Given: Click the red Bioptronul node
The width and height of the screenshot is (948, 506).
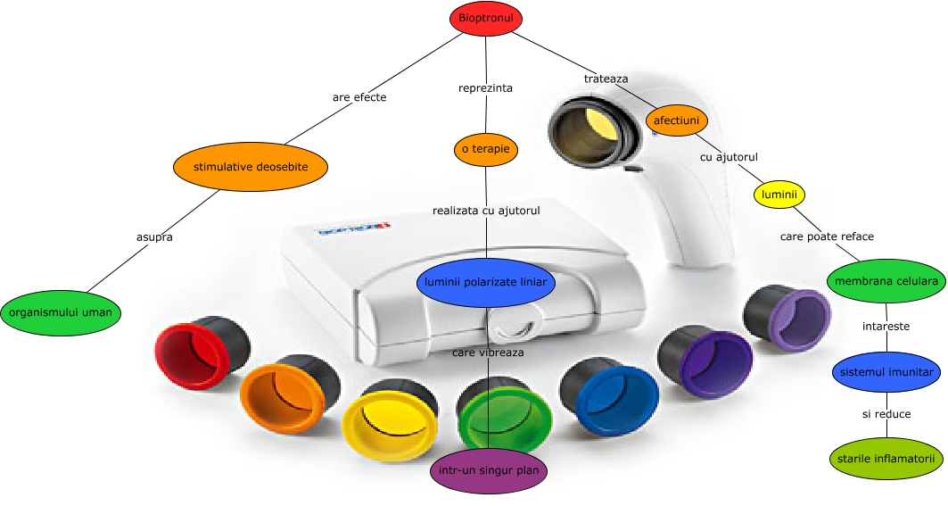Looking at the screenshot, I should coord(486,18).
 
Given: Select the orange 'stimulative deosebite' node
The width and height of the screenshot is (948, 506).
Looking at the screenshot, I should coord(251,166).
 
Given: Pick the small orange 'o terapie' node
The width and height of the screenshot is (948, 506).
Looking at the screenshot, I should coord(486,149).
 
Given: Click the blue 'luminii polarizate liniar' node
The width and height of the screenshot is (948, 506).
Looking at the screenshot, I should coord(486,283).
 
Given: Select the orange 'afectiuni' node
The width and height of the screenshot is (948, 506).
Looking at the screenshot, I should coord(676,120).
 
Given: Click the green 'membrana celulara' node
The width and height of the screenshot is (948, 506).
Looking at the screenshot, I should coord(886,281).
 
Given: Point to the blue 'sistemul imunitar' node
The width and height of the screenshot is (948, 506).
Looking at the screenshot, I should coord(886,370).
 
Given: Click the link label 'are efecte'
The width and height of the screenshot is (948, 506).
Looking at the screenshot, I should coord(359,97).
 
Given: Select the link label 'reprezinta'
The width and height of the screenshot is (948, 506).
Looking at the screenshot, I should coord(485,88).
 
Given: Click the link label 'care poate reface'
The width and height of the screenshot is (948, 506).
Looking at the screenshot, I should coord(827,236).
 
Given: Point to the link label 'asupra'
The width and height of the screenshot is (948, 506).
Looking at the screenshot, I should coord(154,237).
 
